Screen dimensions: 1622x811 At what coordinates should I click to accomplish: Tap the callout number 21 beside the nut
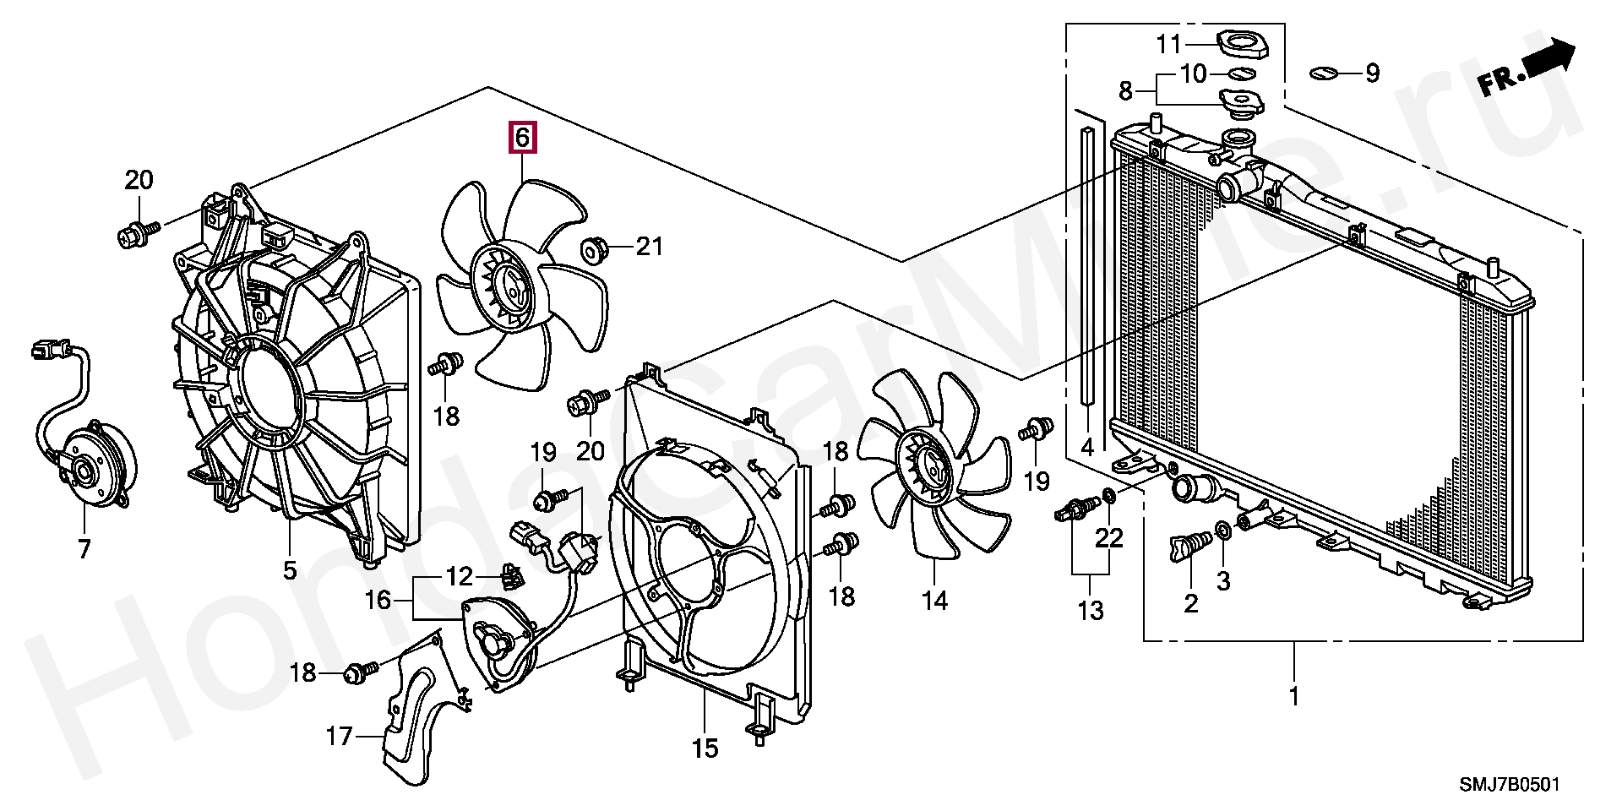tap(649, 248)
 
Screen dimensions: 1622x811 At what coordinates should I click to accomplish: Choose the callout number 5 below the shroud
tap(290, 571)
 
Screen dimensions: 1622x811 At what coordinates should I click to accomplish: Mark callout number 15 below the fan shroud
tap(705, 748)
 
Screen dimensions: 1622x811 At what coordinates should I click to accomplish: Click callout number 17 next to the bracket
tap(340, 738)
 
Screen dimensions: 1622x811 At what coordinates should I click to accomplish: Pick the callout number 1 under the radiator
tap(1293, 697)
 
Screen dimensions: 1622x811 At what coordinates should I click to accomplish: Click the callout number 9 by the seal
tap(1371, 73)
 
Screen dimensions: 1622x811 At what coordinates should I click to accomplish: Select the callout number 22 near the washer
tap(1109, 537)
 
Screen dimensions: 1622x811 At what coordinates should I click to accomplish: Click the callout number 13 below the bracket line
tap(1091, 610)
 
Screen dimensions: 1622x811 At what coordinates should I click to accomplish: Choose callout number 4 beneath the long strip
tap(1087, 447)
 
